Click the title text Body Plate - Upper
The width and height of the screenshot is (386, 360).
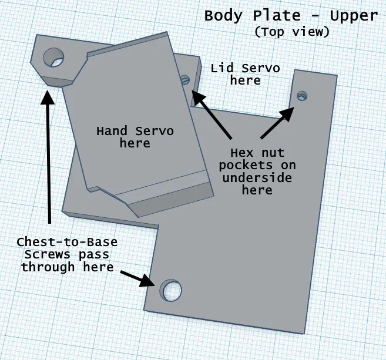pos(290,15)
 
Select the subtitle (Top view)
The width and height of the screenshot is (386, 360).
pos(291,32)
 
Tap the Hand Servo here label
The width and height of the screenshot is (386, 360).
pos(135,136)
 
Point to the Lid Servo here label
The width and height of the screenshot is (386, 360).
pos(245,74)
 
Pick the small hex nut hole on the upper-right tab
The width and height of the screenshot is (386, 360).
pos(303,95)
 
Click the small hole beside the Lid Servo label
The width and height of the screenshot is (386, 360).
pos(186,79)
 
